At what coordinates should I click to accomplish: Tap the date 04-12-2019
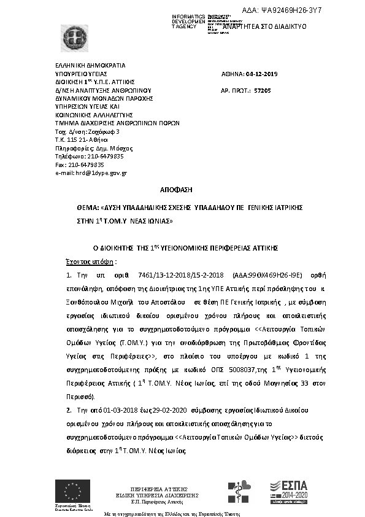262,74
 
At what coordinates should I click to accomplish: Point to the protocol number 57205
263,90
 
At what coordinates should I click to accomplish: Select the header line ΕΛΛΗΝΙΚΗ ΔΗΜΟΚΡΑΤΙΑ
90,64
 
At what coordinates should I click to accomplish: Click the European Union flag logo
72,491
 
